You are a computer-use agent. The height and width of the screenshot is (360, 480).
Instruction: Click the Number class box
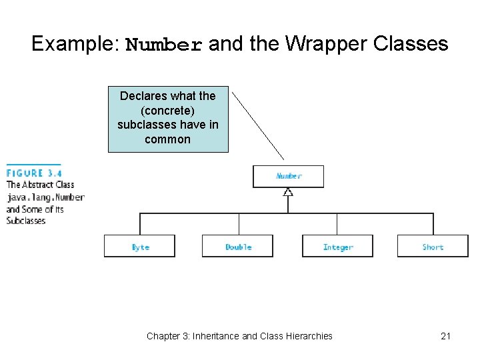pyautogui.click(x=288, y=177)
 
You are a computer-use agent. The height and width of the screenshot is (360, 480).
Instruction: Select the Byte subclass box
pyautogui.click(x=139, y=246)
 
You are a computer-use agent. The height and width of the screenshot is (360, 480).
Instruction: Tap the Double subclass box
pyautogui.click(x=237, y=246)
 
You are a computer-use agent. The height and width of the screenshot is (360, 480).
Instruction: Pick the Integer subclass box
pyautogui.click(x=337, y=246)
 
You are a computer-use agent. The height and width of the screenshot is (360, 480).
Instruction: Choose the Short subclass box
pyautogui.click(x=433, y=246)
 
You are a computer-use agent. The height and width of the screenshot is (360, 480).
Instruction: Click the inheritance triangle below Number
pyautogui.click(x=288, y=192)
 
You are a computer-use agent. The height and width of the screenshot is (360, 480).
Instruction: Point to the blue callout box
pyautogui.click(x=168, y=118)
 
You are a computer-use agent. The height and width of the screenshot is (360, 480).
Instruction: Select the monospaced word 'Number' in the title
pyautogui.click(x=164, y=45)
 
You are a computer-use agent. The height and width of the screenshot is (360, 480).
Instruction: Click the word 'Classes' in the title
pyautogui.click(x=411, y=44)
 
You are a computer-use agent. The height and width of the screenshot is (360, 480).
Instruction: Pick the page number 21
pyautogui.click(x=445, y=336)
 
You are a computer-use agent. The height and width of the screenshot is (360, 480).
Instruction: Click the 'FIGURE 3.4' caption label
pyautogui.click(x=34, y=173)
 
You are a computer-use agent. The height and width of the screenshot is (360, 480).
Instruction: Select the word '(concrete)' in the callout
pyautogui.click(x=168, y=111)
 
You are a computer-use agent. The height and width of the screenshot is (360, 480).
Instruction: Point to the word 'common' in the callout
pyautogui.click(x=168, y=140)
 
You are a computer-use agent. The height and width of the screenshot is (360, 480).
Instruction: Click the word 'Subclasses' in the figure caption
pyautogui.click(x=26, y=221)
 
